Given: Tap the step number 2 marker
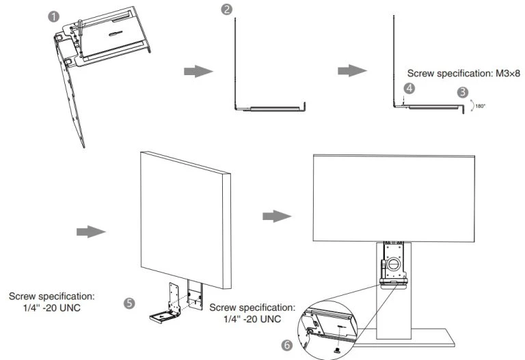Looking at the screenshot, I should [226, 10].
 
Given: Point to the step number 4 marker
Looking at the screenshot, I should [409, 88].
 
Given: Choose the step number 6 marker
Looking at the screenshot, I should [287, 345].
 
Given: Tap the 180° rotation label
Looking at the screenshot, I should [481, 106].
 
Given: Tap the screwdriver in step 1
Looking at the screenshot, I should [79, 29].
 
